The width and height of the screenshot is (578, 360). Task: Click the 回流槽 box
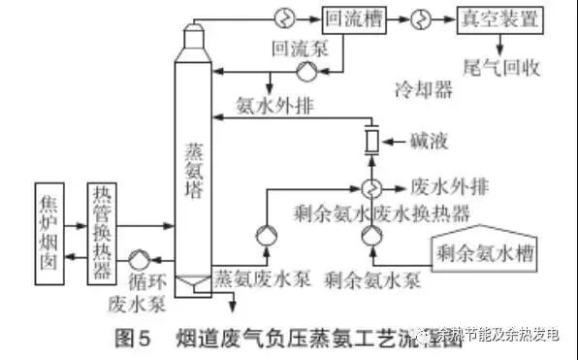(348, 18)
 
